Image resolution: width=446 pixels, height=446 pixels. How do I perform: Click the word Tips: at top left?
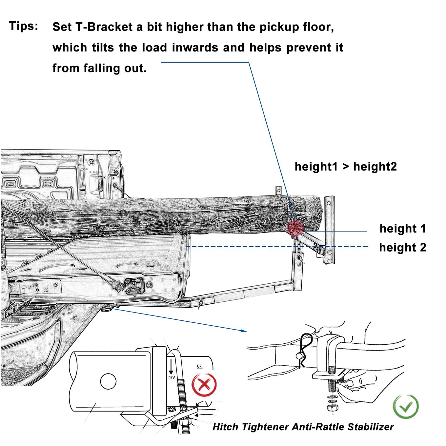click(x=24, y=26)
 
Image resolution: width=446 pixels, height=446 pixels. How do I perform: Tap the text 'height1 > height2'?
click(x=346, y=167)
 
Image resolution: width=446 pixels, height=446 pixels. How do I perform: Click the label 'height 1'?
click(x=403, y=229)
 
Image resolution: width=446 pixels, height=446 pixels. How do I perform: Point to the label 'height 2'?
click(x=403, y=247)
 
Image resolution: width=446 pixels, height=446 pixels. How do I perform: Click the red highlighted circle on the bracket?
click(x=295, y=228)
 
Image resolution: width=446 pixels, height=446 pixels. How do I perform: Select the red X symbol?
click(x=204, y=384)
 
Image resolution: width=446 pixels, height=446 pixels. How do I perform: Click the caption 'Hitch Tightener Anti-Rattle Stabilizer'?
click(x=303, y=427)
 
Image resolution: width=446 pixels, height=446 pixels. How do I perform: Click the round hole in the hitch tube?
click(x=108, y=381)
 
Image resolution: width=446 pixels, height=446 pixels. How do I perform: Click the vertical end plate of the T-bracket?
click(x=329, y=230)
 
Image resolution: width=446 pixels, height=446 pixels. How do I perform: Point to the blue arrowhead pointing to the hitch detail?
click(x=243, y=331)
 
